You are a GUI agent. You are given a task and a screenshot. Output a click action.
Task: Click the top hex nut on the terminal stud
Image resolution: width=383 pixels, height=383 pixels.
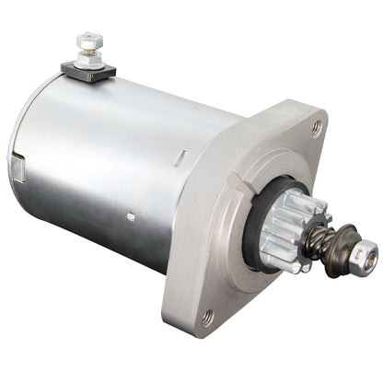[x=89, y=41]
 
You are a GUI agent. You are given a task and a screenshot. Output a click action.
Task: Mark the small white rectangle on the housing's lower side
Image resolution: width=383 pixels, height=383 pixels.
[x=131, y=217]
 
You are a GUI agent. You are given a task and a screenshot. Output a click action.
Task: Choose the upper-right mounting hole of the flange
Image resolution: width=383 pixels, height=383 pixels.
[x=317, y=128]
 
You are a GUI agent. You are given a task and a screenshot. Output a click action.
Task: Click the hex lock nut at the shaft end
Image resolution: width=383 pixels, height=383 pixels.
[x=365, y=251]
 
